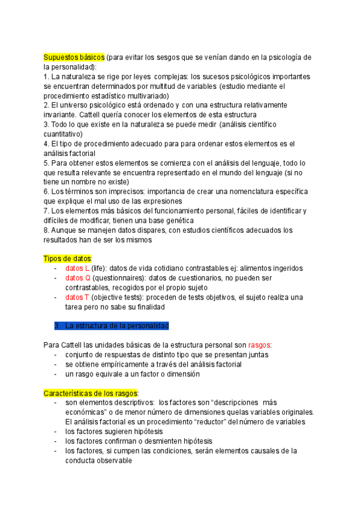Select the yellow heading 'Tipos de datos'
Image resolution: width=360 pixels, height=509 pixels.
pyautogui.click(x=67, y=258)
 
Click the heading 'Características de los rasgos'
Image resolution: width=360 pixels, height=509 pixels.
pyautogui.click(x=91, y=393)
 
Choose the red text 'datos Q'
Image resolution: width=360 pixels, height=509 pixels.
pyautogui.click(x=78, y=278)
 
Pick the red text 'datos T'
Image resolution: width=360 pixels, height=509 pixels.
pyautogui.click(x=77, y=297)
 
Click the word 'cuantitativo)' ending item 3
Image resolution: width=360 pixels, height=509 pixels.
pyautogui.click(x=67, y=134)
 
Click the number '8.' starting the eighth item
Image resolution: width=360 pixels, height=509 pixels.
pyautogui.click(x=47, y=230)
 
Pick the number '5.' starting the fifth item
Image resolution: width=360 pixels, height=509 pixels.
pyautogui.click(x=47, y=163)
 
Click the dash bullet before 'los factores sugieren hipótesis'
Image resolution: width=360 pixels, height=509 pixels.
pyautogui.click(x=56, y=431)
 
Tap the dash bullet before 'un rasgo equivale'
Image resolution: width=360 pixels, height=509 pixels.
pyautogui.click(x=56, y=374)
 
